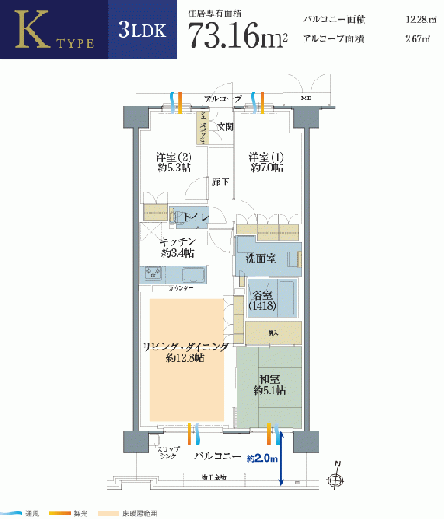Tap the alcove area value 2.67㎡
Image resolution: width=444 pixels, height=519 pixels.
click(x=414, y=40)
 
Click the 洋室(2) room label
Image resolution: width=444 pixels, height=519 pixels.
click(x=172, y=162)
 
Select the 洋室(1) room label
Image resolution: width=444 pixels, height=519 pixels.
click(x=267, y=162)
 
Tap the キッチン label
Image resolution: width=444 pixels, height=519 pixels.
click(x=177, y=247)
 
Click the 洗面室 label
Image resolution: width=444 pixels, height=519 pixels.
click(x=260, y=259)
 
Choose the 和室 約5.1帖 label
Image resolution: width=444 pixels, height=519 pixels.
click(x=270, y=384)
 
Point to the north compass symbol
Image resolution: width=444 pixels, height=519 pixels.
click(x=336, y=478)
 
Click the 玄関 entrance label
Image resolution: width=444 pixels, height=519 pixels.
click(x=224, y=127)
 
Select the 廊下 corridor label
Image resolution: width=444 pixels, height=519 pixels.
click(x=221, y=182)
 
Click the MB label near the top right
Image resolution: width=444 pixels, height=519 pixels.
click(x=306, y=99)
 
